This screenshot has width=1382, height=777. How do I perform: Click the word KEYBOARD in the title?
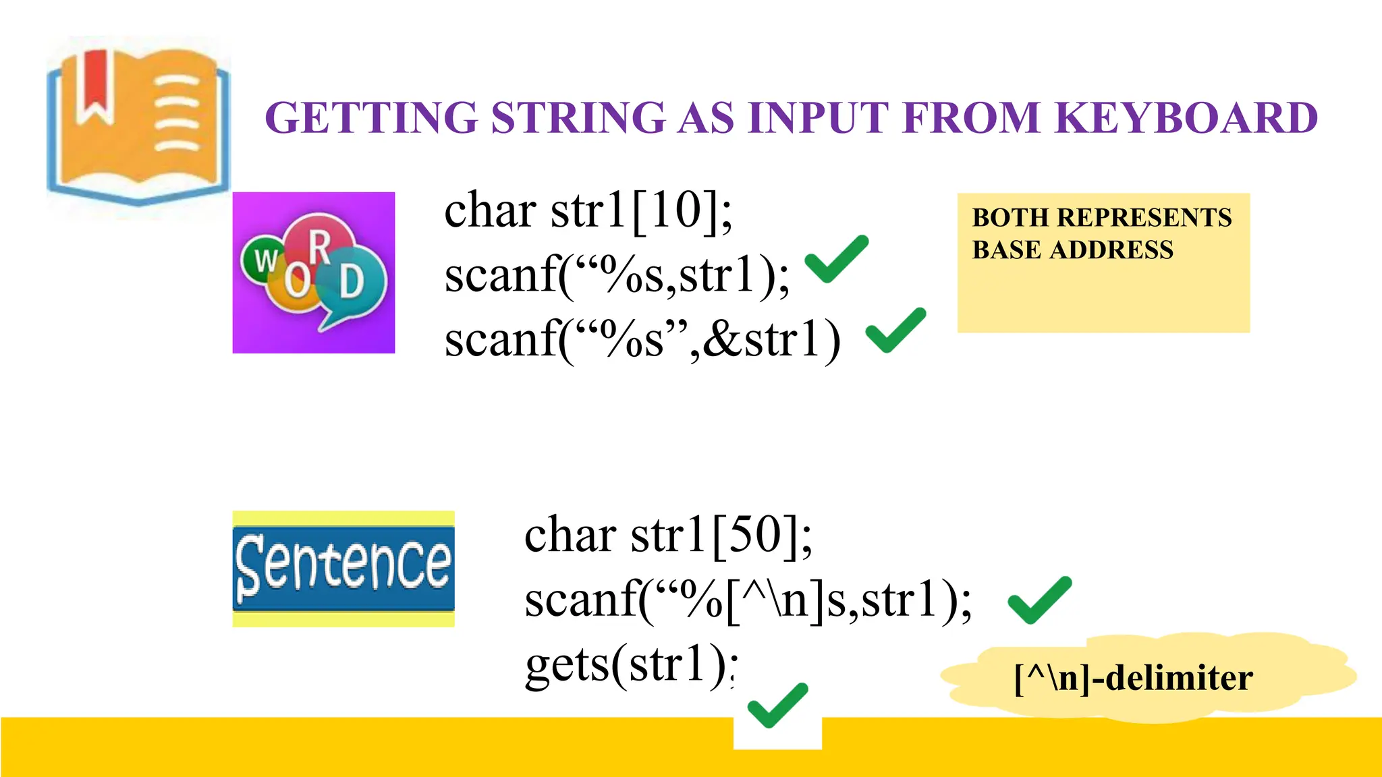(1185, 118)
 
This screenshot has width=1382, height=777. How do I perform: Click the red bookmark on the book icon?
(94, 88)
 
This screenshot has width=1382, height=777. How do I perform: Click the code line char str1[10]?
(588, 211)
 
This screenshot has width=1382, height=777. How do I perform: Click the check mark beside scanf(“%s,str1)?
(836, 259)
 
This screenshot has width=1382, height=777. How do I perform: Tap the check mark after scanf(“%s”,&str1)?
(895, 330)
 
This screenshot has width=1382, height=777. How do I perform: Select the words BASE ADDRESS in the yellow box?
(1072, 250)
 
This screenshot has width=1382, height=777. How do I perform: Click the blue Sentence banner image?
(343, 569)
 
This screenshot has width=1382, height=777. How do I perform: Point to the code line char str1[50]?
(668, 535)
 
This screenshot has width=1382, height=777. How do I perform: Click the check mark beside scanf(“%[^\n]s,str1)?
(1039, 600)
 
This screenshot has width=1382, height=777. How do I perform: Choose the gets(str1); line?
(631, 665)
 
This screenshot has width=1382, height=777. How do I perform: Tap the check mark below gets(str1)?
(777, 706)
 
